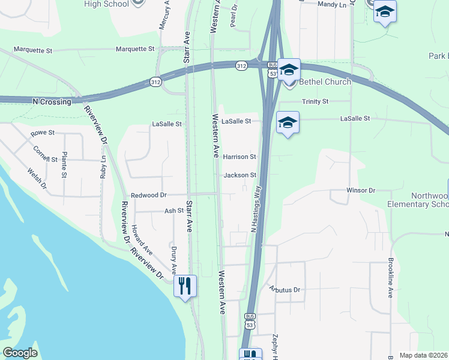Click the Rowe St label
[x=43, y=132]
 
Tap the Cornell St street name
[x=45, y=155]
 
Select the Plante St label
[x=64, y=165]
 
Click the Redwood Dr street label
[x=148, y=196]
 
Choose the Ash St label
[x=173, y=211]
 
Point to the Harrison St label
[x=240, y=157]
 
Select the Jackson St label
[x=240, y=175]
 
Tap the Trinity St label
[x=315, y=102]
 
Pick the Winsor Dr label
[x=360, y=190]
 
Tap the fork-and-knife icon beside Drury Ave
[x=184, y=285]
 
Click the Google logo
[x=20, y=353]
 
